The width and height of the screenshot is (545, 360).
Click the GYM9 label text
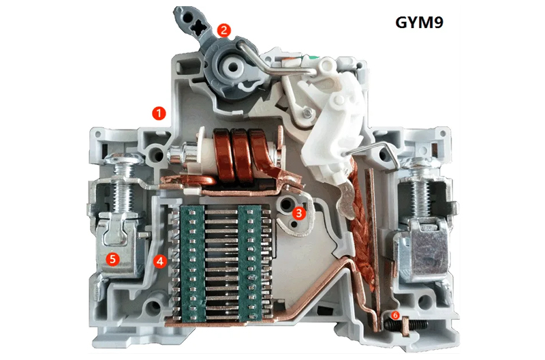419,22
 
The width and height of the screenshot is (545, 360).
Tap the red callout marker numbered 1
159,113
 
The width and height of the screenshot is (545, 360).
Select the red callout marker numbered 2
224,30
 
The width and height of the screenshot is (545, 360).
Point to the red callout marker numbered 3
299,213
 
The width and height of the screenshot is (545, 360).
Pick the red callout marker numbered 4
160,260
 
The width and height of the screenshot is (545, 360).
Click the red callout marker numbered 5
112,259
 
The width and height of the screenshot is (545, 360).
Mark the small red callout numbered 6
395,315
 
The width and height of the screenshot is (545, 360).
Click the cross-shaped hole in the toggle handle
199,27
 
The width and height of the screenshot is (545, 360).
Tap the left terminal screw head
124,159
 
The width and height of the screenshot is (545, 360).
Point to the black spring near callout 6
405,325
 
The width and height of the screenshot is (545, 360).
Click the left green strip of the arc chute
192,263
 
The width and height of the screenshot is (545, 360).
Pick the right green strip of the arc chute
249,263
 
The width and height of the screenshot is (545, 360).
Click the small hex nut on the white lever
307,112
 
